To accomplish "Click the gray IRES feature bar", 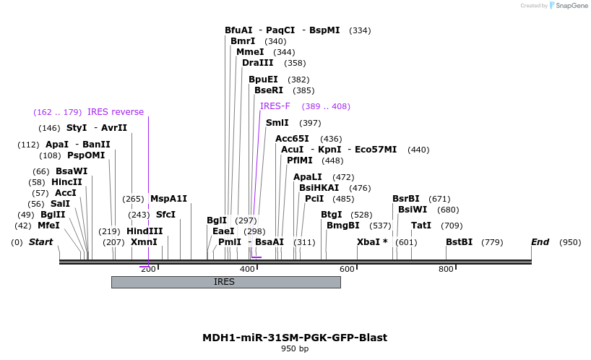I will [225, 282].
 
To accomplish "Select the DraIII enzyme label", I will [258, 63].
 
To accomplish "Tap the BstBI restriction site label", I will [459, 242].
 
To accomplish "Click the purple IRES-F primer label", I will [275, 106].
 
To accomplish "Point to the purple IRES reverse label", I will [116, 112].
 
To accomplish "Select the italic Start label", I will [40, 242].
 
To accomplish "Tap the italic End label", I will [540, 242].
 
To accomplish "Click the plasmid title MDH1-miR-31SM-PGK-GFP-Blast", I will [295, 338].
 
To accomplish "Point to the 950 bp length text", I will [295, 349].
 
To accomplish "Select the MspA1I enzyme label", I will [168, 199].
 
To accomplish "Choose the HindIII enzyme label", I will [144, 231].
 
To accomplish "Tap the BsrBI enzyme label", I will [406, 199].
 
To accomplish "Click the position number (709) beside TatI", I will [452, 226].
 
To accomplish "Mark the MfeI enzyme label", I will [48, 226].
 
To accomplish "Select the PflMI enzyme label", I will [300, 160].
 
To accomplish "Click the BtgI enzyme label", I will [332, 215].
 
